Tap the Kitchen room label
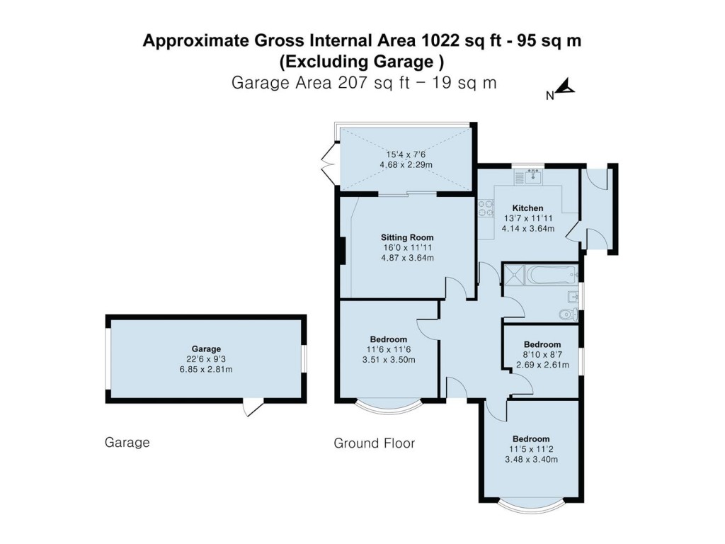pos(527,208)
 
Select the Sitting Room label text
pos(406,237)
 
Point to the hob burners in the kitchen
pos(486,208)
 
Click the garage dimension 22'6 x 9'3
pos(205,359)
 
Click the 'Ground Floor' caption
pos(374,443)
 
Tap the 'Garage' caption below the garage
pos(127,443)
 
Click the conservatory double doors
pos(328,160)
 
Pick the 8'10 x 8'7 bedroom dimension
pos(541,355)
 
